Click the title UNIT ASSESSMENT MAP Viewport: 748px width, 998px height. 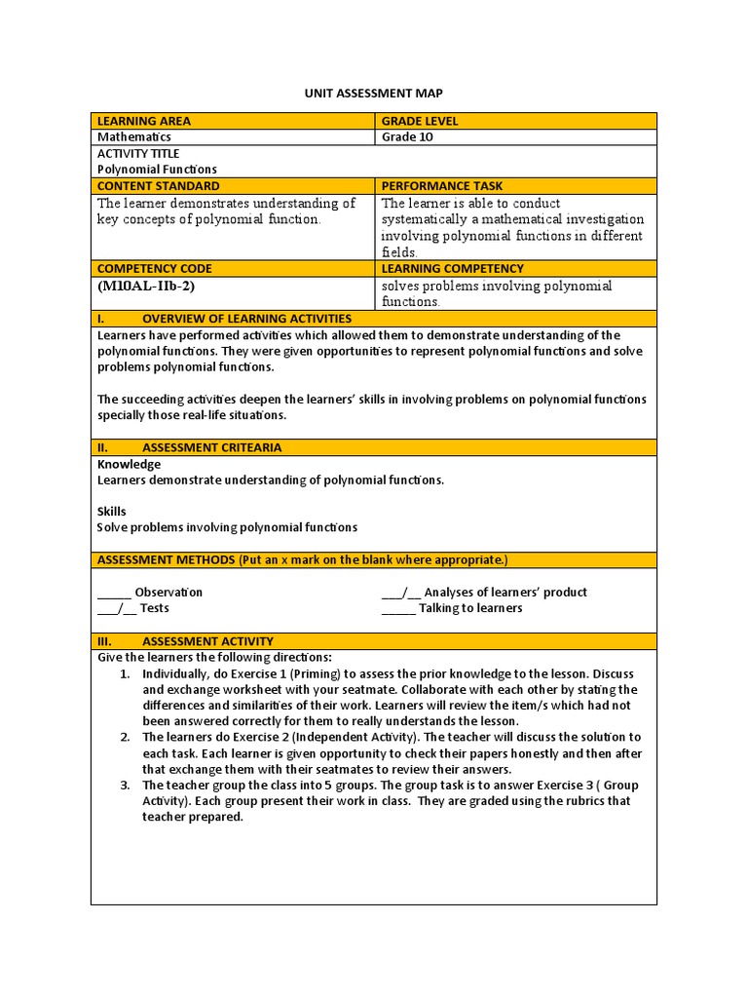(374, 93)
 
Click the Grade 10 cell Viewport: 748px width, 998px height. (407, 137)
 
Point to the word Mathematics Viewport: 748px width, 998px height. (134, 137)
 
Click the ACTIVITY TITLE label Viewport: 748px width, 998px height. (138, 153)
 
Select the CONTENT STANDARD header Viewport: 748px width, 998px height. (158, 185)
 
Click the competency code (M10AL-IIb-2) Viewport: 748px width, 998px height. (152, 287)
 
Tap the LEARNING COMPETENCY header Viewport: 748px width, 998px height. (452, 268)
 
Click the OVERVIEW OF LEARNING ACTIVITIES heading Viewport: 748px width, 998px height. (246, 319)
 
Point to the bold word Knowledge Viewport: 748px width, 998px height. (129, 464)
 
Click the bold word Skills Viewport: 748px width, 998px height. (112, 511)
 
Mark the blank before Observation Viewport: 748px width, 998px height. (114, 593)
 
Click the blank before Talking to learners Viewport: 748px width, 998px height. (397, 608)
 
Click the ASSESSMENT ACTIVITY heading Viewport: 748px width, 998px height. (207, 641)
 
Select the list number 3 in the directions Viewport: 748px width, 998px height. (125, 785)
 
